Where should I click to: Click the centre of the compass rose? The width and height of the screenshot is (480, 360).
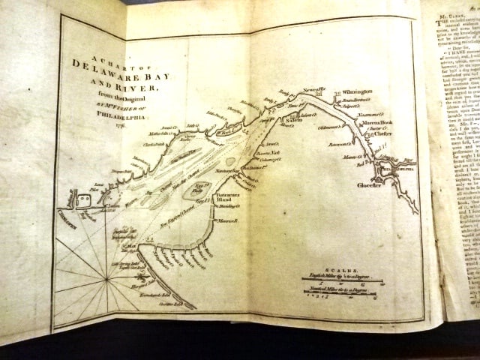click(x=107, y=279)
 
